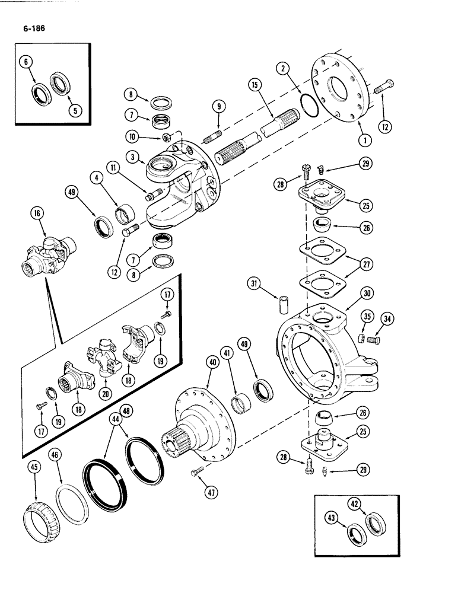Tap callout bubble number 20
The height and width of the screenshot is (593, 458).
click(107, 394)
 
